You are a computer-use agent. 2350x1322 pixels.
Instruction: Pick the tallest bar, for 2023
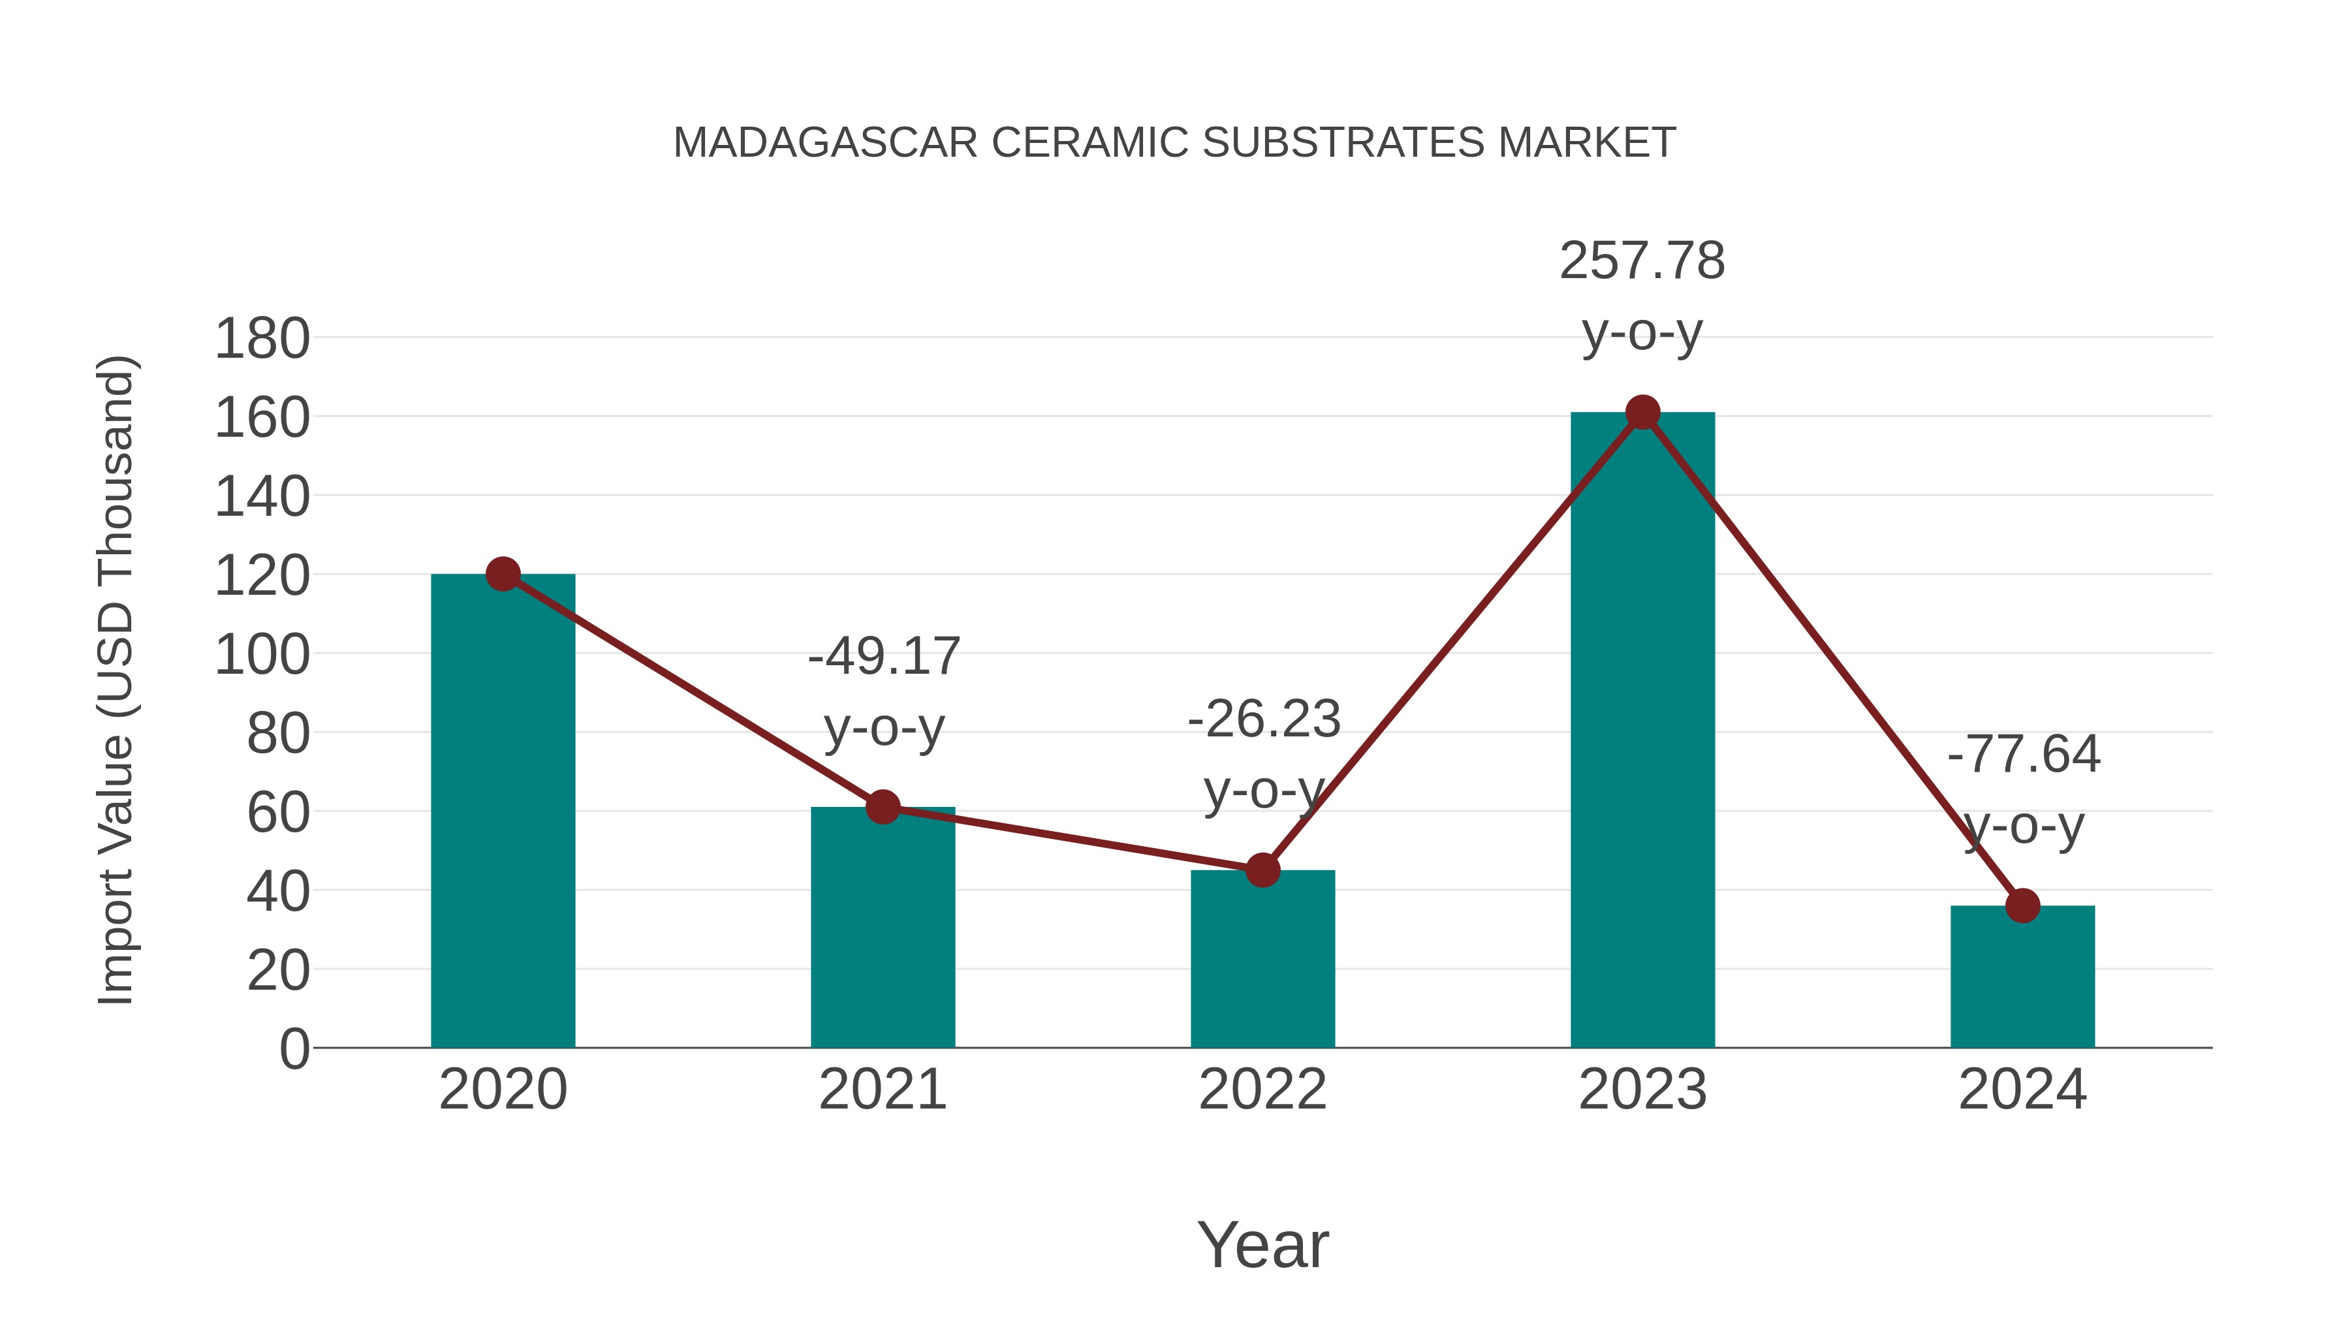(x=1642, y=730)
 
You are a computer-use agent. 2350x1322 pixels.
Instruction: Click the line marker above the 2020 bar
(x=503, y=574)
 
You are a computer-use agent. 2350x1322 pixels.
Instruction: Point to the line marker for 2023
(x=1642, y=413)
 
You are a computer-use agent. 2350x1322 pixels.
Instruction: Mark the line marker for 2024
(x=2022, y=906)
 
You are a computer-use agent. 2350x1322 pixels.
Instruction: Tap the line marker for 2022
(x=1262, y=870)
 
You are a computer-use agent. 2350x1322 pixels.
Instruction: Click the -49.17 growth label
(x=884, y=657)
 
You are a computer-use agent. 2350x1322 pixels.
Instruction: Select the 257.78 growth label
(x=1642, y=261)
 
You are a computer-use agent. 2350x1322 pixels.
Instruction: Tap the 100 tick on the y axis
(x=262, y=655)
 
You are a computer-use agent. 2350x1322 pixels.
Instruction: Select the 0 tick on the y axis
(x=294, y=1048)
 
